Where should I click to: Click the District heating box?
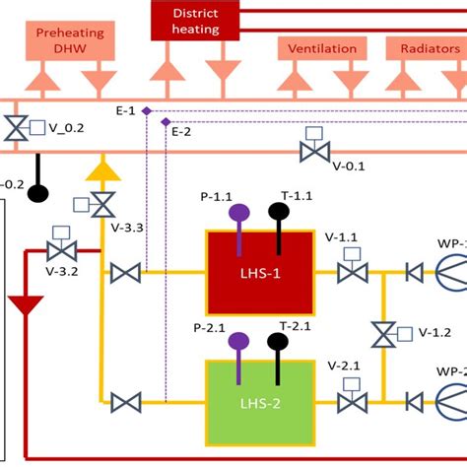tap(195, 20)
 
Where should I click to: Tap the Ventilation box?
tap(321, 47)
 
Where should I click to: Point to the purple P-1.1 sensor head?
tap(238, 212)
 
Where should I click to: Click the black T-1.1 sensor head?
tap(279, 210)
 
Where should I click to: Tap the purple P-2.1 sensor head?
tap(238, 341)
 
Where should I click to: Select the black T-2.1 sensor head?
tap(279, 341)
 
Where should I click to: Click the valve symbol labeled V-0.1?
tap(314, 151)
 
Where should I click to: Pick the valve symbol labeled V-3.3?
tap(101, 205)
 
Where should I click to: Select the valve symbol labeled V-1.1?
tap(351, 272)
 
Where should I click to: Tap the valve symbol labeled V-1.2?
tap(383, 334)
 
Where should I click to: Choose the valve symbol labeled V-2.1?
tap(351, 401)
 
